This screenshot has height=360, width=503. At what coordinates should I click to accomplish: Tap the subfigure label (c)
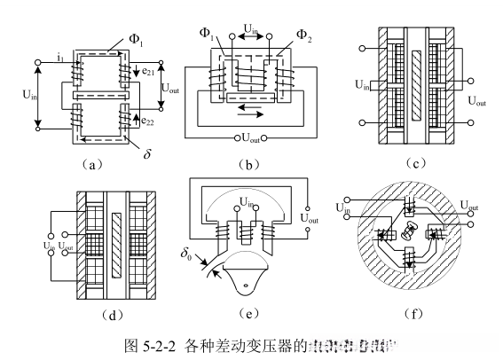click(x=411, y=163)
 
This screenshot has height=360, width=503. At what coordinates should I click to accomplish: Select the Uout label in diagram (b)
click(x=254, y=138)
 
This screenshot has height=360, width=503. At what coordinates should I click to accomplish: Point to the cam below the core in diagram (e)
click(x=250, y=278)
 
